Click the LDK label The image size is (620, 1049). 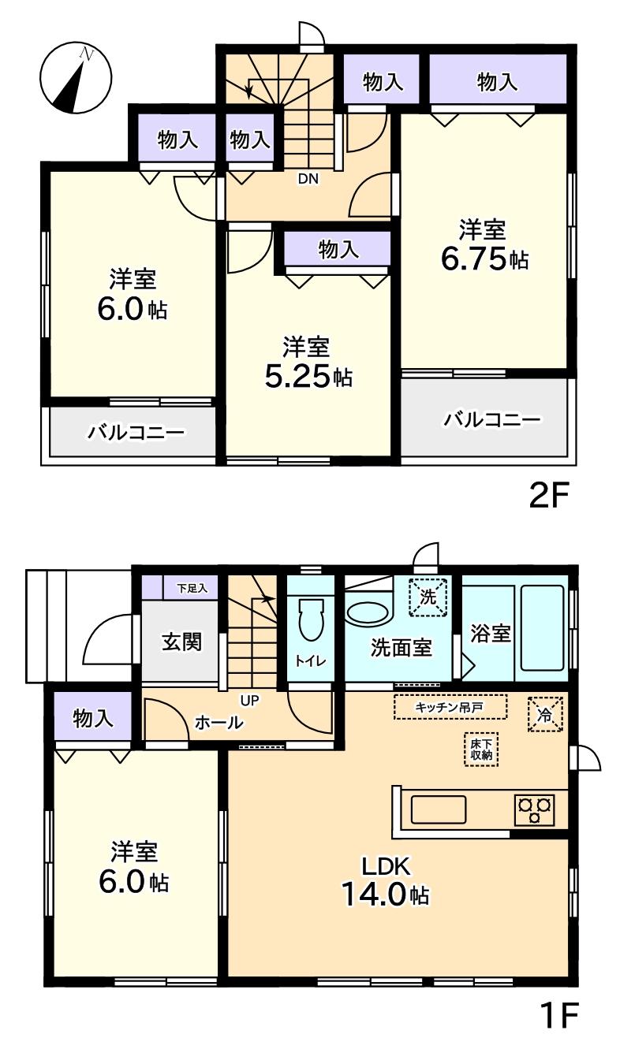387,866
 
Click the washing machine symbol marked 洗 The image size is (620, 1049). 428,597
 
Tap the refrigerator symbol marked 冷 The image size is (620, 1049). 545,714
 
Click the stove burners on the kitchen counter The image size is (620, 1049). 535,809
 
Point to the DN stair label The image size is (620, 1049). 308,179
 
